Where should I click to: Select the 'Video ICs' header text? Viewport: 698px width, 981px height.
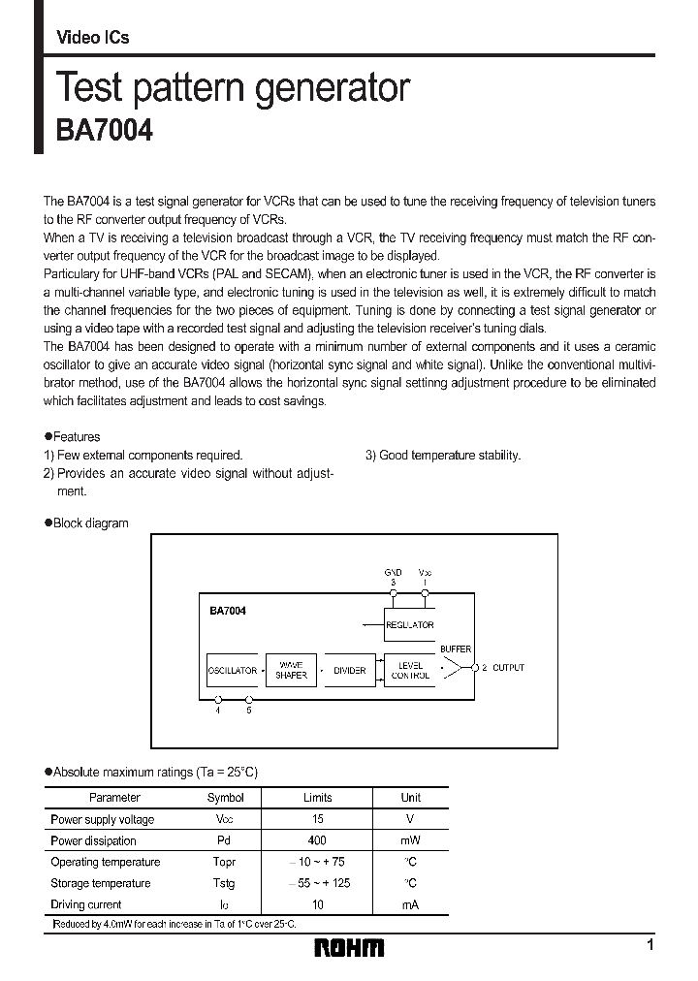point(92,38)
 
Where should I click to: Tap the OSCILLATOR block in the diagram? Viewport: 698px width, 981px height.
point(233,670)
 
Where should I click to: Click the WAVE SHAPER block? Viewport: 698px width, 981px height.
point(291,670)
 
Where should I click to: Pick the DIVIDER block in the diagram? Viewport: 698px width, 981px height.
point(349,670)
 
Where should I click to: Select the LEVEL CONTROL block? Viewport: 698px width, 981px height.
point(410,670)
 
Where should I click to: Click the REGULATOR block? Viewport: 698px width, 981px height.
point(410,624)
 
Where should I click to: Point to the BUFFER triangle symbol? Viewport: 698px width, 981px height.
point(452,668)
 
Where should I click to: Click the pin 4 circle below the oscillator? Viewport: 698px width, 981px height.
point(218,699)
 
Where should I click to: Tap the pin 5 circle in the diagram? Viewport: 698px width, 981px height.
point(249,699)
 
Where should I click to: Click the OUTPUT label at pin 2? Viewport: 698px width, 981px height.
point(508,668)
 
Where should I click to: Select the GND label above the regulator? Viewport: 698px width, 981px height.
point(393,573)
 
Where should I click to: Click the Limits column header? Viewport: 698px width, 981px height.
point(317,798)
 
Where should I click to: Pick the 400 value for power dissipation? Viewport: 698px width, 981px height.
point(317,840)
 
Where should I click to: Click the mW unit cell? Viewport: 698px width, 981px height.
point(411,840)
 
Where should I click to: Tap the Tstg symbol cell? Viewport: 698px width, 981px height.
point(225,883)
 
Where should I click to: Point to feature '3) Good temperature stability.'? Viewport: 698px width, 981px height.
point(442,455)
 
